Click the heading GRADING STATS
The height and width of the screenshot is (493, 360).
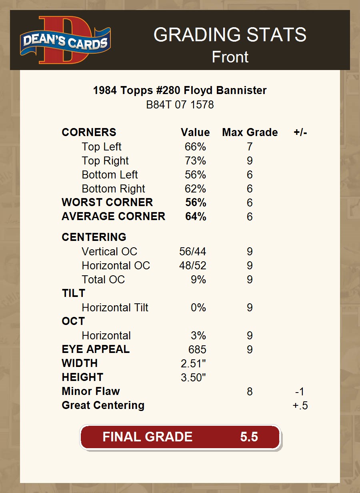pos(230,35)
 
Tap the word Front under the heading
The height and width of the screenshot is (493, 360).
pos(230,57)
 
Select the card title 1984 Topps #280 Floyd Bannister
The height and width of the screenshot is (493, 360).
pos(180,90)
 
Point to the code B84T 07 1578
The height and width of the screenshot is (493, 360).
pos(180,105)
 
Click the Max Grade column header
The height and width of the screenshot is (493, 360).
pos(250,132)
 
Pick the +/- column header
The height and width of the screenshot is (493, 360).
pos(300,132)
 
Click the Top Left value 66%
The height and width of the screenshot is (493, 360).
pos(195,147)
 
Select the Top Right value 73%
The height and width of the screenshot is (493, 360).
pos(195,161)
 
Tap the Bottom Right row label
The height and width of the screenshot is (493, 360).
pos(113,189)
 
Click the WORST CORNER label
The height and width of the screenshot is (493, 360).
pos(107,202)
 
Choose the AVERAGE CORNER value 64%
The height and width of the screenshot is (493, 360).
pos(196,216)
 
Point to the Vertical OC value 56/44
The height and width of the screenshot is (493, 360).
pos(192,252)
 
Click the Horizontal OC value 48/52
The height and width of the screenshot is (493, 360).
pos(192,266)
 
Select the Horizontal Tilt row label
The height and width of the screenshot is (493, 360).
pos(115,308)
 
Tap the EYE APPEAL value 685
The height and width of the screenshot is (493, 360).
pos(197,350)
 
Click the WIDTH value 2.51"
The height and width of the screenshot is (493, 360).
pos(193,364)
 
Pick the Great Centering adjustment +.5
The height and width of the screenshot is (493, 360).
pos(300,406)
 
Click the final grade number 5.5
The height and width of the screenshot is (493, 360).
pos(249,437)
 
